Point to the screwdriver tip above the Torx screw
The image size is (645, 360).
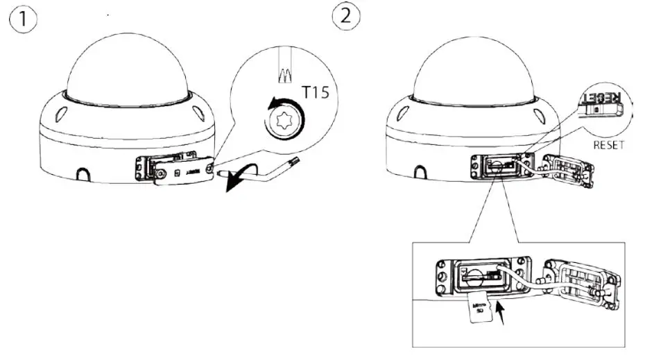tap(285, 74)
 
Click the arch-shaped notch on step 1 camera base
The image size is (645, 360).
tap(83, 172)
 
